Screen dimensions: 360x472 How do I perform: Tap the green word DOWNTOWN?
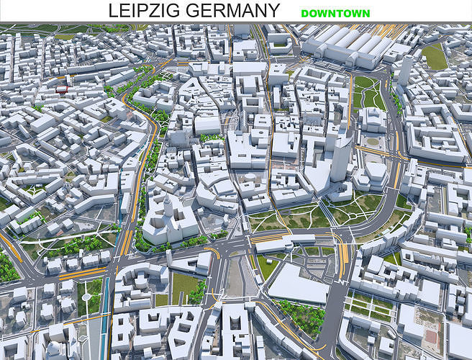[x=335, y=14]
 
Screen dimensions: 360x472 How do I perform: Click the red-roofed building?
[x=62, y=89]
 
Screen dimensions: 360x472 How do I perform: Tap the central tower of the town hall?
[x=168, y=207]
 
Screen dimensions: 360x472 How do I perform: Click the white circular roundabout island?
[x=87, y=296]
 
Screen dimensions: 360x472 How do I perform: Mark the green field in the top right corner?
[x=435, y=56]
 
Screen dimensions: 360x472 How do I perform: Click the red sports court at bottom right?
[x=431, y=336]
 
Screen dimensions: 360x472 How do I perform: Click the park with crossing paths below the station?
[x=367, y=94]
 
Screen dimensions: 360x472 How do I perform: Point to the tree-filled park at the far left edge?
[x=7, y=268]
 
